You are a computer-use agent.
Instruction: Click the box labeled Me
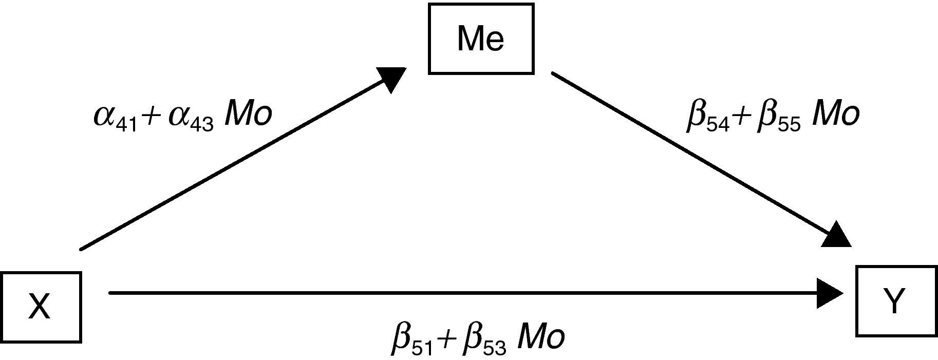tap(481, 39)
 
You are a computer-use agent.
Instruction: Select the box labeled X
tap(41, 307)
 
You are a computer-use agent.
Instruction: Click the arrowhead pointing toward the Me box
tap(393, 78)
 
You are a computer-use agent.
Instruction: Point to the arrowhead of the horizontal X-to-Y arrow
tap(830, 293)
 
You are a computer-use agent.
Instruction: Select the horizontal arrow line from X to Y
tap(462, 293)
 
